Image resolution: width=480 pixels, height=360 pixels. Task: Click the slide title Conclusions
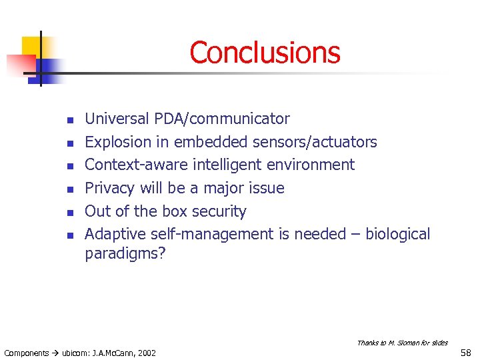(265, 53)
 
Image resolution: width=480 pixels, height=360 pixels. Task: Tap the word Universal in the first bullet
(117, 119)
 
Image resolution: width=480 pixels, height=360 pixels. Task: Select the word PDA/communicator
(222, 119)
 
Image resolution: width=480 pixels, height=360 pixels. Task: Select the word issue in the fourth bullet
(267, 188)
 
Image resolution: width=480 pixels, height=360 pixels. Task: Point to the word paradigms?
(125, 254)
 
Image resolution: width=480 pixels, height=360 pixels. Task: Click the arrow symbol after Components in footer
(55, 353)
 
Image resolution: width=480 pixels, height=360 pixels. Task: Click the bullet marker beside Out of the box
(68, 213)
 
